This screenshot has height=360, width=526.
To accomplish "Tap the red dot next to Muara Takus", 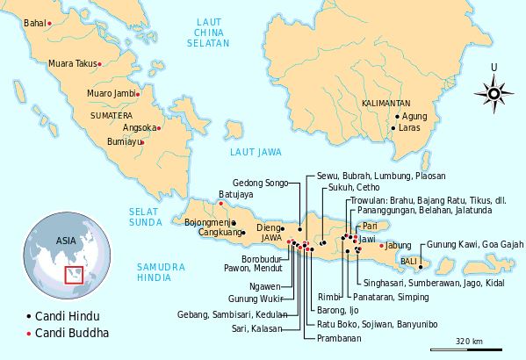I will (x=100, y=64).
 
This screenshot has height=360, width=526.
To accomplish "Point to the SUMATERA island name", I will (x=112, y=115).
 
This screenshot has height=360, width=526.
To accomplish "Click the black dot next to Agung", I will (x=397, y=117).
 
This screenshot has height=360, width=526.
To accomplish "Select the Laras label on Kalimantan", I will (x=409, y=128).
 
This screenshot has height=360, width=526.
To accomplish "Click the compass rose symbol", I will (x=493, y=90).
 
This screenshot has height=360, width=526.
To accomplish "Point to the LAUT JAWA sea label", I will (x=256, y=152).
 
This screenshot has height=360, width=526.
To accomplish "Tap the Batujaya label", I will (x=236, y=194).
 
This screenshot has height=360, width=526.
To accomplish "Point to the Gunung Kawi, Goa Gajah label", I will (x=476, y=244).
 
